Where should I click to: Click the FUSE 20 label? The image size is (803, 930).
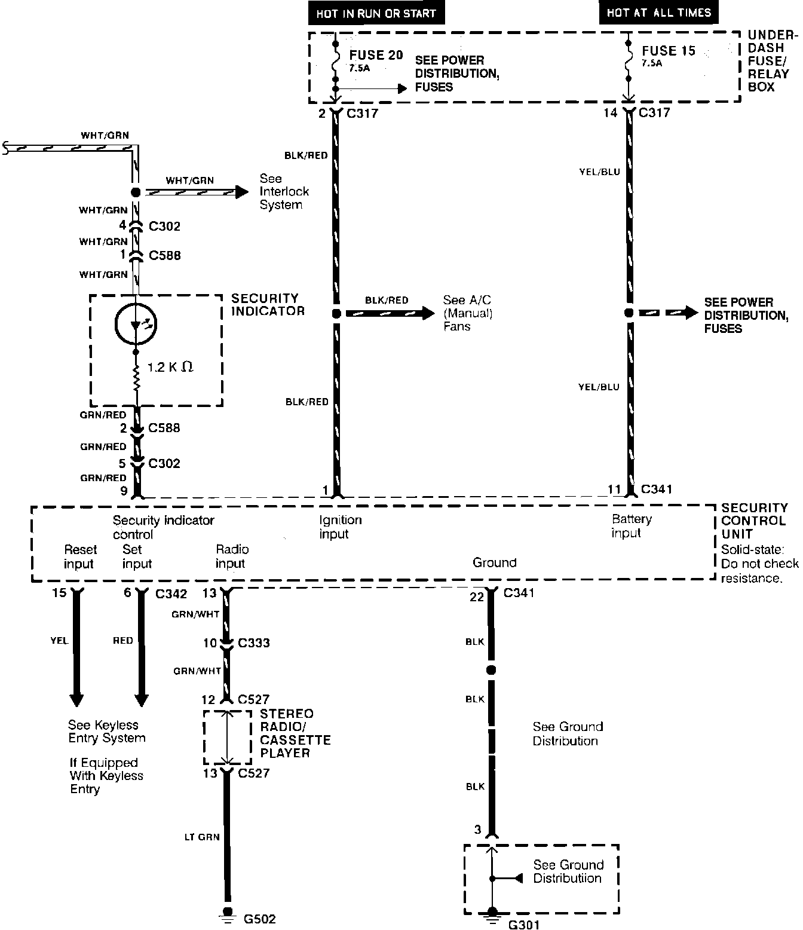pyautogui.click(x=376, y=55)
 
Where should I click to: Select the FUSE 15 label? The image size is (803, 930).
pyautogui.click(x=669, y=51)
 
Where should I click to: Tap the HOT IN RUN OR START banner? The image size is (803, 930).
pyautogui.click(x=376, y=13)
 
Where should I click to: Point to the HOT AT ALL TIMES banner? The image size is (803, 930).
pyautogui.click(x=659, y=13)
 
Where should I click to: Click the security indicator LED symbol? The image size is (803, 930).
pyautogui.click(x=136, y=325)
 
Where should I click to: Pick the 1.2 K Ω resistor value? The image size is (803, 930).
pyautogui.click(x=170, y=367)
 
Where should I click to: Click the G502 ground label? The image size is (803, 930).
pyautogui.click(x=260, y=919)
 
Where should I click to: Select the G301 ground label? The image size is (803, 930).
pyautogui.click(x=523, y=925)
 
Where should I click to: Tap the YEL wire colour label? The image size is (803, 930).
pyautogui.click(x=59, y=641)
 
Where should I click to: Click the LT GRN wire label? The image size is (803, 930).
pyautogui.click(x=201, y=837)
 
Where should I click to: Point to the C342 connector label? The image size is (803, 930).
pyautogui.click(x=171, y=594)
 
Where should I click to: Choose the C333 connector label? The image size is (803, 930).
pyautogui.click(x=254, y=643)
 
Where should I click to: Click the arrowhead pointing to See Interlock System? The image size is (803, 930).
pyautogui.click(x=241, y=192)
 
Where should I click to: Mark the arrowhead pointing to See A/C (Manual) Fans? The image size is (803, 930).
pyautogui.click(x=428, y=313)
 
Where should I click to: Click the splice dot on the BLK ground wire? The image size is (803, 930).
pyautogui.click(x=491, y=670)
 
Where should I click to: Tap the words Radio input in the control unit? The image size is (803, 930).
pyautogui.click(x=232, y=556)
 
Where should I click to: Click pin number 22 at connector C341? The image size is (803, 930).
pyautogui.click(x=476, y=596)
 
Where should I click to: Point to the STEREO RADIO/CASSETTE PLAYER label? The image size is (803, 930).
pyautogui.click(x=295, y=733)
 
